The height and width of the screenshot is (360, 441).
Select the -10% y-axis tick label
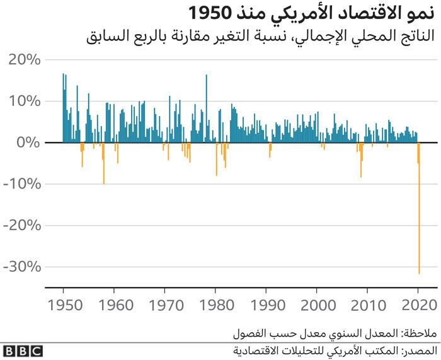click(23, 184)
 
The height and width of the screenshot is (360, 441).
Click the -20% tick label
click(23, 226)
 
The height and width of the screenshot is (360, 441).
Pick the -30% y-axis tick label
click(23, 267)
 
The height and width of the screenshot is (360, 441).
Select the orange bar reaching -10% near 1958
click(104, 164)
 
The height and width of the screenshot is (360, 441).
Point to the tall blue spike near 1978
click(206, 107)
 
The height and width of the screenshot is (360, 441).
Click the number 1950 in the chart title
click(209, 13)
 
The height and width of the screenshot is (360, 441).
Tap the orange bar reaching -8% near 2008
click(361, 161)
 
